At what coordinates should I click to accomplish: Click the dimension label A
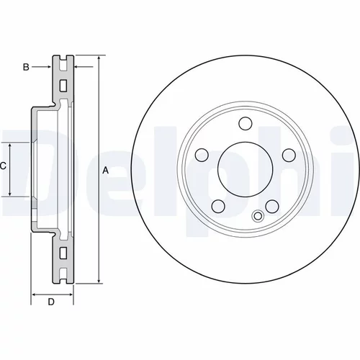[105, 171]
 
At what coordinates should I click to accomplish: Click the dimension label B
[26, 67]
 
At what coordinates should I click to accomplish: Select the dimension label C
[3, 166]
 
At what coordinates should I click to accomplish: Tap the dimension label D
[51, 302]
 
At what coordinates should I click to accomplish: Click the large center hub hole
[245, 169]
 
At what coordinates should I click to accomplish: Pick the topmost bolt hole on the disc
[246, 124]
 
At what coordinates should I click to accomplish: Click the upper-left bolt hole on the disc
[202, 155]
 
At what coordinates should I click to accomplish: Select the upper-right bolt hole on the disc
[289, 155]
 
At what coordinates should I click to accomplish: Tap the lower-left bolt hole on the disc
[218, 206]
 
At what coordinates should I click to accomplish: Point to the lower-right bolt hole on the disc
[272, 206]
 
